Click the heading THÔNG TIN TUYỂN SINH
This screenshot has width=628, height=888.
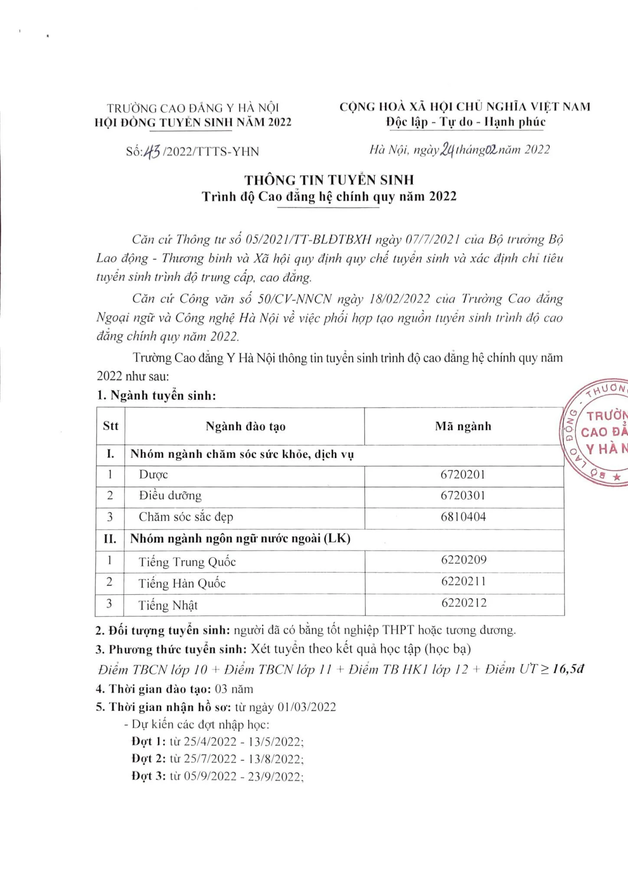(x=329, y=180)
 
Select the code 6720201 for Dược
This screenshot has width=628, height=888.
(x=462, y=474)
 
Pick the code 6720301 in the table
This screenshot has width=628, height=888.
(x=463, y=496)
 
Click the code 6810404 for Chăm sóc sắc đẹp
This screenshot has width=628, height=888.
(x=463, y=517)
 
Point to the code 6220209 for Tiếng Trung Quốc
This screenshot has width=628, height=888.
(x=464, y=560)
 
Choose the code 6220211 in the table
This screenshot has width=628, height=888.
(x=464, y=581)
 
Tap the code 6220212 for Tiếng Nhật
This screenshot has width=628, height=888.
(x=464, y=603)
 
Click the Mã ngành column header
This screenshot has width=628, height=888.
(x=463, y=426)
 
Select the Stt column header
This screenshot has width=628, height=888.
(x=111, y=426)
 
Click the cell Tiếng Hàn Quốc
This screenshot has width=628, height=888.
(x=182, y=583)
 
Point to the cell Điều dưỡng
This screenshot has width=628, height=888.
(x=170, y=496)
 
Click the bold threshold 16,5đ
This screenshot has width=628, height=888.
(x=568, y=669)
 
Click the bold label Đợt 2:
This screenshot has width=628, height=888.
(x=148, y=759)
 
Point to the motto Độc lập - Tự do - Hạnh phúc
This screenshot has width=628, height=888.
(x=466, y=122)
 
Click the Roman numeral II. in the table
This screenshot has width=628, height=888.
(x=110, y=539)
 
